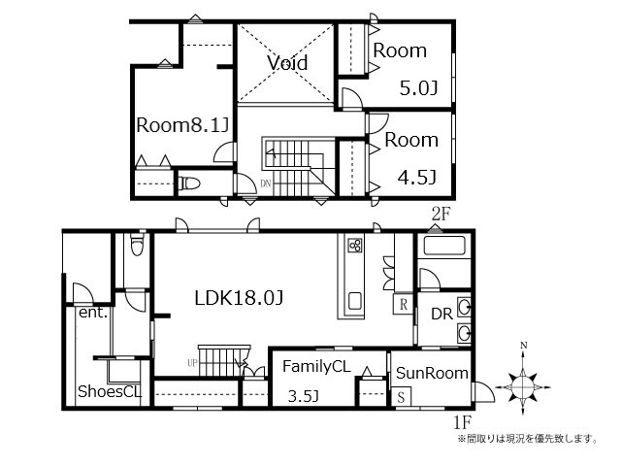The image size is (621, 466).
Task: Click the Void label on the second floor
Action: (x=287, y=62)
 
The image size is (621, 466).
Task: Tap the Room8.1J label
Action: (x=183, y=125)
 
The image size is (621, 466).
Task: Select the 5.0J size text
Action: (x=418, y=88)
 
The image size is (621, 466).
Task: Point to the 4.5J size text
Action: (x=417, y=177)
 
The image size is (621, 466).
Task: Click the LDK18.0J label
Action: (x=239, y=298)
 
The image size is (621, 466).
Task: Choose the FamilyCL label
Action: (x=316, y=367)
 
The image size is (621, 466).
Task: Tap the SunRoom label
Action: (x=432, y=373)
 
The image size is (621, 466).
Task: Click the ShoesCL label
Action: (x=110, y=391)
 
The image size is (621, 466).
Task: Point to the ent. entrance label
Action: (x=93, y=313)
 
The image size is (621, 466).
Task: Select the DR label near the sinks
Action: (x=442, y=314)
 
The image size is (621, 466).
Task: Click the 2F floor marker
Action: (x=441, y=215)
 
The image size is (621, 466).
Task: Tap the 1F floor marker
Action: (x=462, y=423)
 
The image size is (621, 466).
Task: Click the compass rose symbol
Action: (x=523, y=386)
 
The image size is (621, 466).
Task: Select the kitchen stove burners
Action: (x=355, y=246)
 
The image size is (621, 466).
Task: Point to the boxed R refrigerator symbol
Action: (x=404, y=304)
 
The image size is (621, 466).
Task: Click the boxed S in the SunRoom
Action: (x=401, y=396)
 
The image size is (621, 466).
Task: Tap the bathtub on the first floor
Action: (x=444, y=246)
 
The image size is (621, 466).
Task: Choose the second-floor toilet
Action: (x=189, y=183)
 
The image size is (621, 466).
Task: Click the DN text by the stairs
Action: (x=266, y=183)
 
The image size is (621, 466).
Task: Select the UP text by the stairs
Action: (x=192, y=362)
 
